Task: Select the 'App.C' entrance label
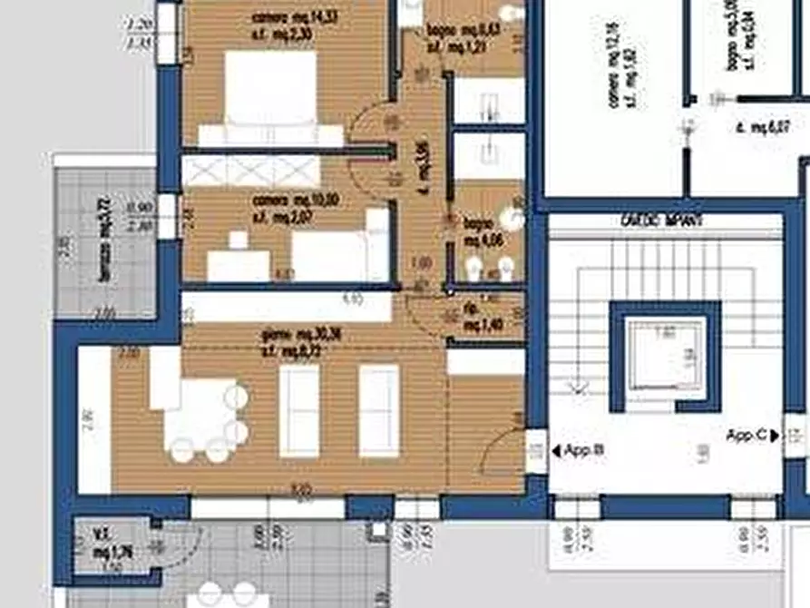coord(747,436)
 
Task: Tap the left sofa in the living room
coord(298,410)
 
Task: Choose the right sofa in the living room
coord(378,410)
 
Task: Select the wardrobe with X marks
coord(251,171)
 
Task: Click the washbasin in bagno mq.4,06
coord(513,218)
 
